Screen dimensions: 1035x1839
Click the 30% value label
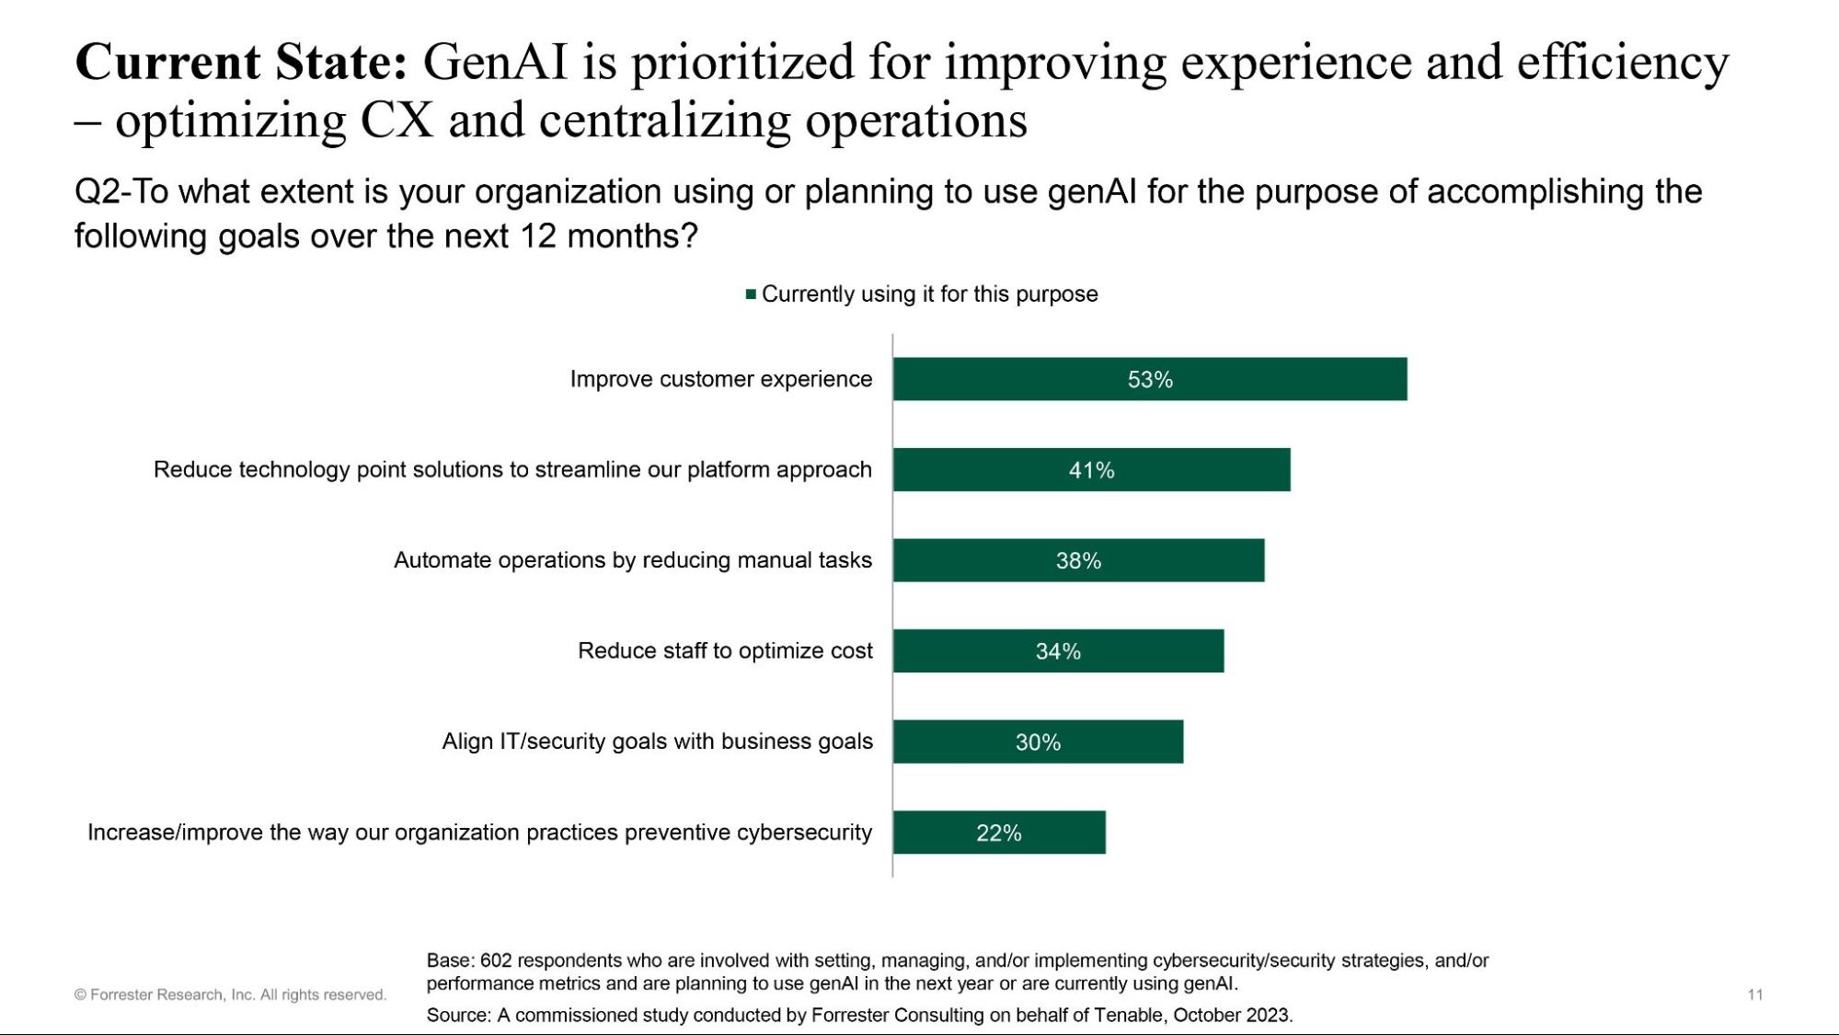[1038, 742]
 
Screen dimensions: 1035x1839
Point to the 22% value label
[998, 834]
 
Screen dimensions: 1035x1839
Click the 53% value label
[1150, 380]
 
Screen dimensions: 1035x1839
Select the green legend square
[751, 294]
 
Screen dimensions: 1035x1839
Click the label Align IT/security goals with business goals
[657, 742]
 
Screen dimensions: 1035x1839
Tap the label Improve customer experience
[720, 379]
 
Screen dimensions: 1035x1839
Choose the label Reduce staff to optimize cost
[725, 650]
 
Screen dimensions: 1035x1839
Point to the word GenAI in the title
[495, 63]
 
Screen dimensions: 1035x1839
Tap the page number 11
[1754, 995]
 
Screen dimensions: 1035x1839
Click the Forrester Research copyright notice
[230, 995]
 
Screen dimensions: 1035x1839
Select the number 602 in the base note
[495, 960]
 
